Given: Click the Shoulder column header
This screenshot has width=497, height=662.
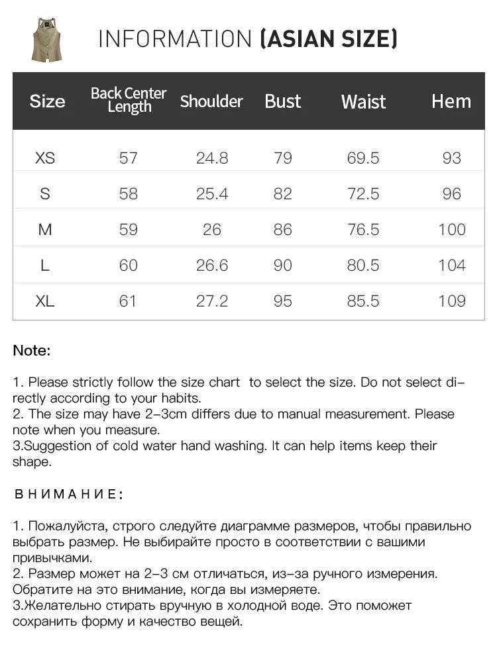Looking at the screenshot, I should [211, 101].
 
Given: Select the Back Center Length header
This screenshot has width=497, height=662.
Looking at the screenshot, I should [129, 100].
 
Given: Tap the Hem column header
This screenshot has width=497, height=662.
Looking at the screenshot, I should [451, 101].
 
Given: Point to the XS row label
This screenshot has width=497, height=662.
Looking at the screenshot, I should [45, 158].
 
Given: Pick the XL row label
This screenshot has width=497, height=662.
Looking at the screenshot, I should [45, 301].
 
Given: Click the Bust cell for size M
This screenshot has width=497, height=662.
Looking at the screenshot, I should [283, 230].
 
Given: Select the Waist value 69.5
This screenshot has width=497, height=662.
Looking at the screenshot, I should [363, 158].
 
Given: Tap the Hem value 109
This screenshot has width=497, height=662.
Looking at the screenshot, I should [452, 301].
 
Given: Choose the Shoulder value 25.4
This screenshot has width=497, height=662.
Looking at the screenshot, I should [212, 194].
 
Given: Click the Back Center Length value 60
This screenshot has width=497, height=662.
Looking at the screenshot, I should [129, 265].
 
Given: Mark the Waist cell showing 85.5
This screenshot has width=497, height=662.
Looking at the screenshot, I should [363, 301].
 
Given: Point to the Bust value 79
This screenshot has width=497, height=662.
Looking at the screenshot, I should [283, 158].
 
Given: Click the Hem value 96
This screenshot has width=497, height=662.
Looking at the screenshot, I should [452, 194].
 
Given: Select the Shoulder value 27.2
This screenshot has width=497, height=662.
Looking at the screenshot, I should [212, 301].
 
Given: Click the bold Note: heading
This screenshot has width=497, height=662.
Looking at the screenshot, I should [32, 351].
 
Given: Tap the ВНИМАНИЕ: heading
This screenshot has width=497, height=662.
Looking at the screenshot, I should [68, 495].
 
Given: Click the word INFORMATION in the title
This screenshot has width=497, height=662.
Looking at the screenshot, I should [176, 40].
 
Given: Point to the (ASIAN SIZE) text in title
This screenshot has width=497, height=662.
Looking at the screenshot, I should [329, 40].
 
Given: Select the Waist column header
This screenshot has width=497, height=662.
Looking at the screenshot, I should [363, 101].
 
